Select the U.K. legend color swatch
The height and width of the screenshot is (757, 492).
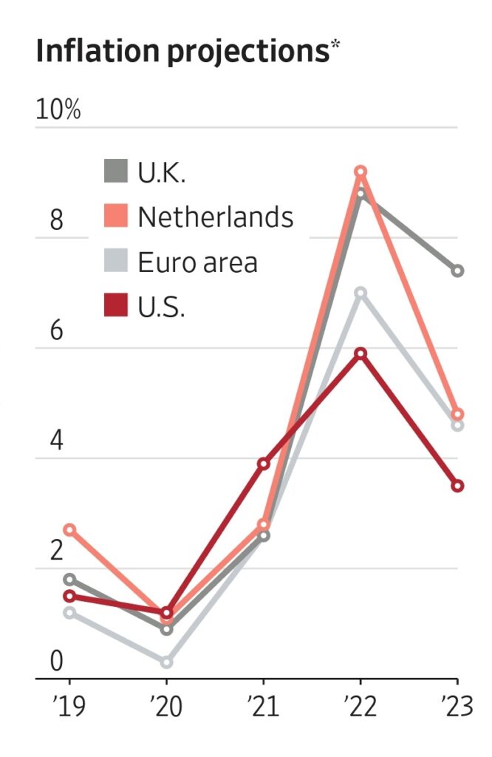pyautogui.click(x=115, y=172)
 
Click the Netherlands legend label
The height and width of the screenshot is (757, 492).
pyautogui.click(x=215, y=217)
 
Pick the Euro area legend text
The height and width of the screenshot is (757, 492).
pyautogui.click(x=197, y=262)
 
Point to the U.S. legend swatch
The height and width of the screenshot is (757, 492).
pyautogui.click(x=115, y=305)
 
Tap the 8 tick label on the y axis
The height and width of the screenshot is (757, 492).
pyautogui.click(x=56, y=220)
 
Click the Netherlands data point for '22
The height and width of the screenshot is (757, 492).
pyautogui.click(x=361, y=172)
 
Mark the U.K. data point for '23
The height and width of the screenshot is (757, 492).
pyautogui.click(x=457, y=271)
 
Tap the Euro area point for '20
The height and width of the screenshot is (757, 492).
pyautogui.click(x=166, y=662)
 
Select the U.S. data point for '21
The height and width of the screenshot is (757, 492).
pyautogui.click(x=264, y=464)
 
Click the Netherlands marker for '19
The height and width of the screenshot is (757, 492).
pyautogui.click(x=69, y=529)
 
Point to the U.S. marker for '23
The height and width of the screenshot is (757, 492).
pyautogui.click(x=457, y=486)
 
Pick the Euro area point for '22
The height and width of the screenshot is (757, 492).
pyautogui.click(x=361, y=293)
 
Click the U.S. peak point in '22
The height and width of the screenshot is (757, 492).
pyautogui.click(x=361, y=353)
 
